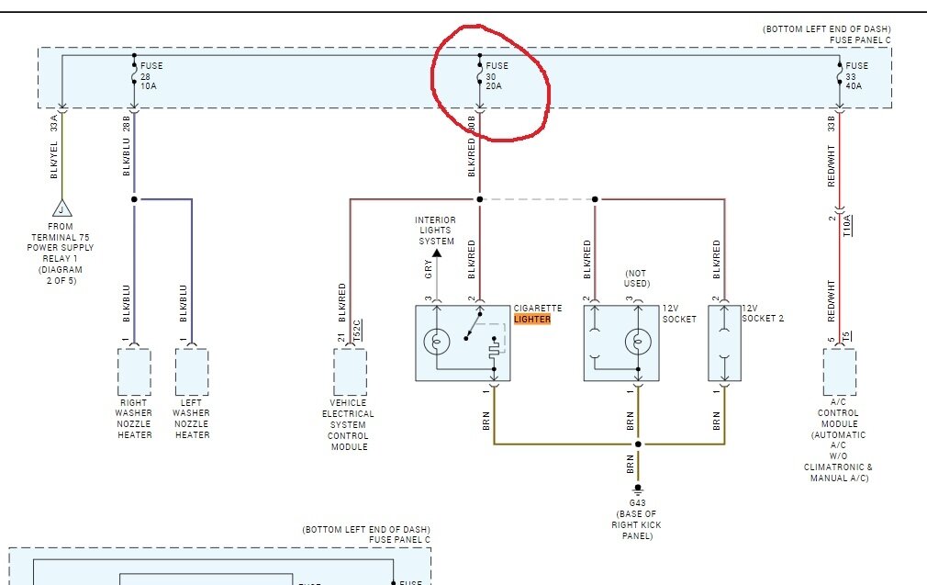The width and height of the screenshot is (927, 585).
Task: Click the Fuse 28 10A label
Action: (x=149, y=76)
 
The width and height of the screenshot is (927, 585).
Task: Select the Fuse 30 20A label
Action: (x=496, y=76)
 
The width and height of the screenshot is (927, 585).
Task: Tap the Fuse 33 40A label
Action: (x=856, y=76)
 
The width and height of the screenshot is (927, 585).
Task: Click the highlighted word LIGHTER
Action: (x=532, y=319)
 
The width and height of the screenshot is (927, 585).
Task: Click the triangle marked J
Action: (x=61, y=208)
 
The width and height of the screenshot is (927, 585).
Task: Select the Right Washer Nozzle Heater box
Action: (x=134, y=371)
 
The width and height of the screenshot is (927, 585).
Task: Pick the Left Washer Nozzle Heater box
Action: (x=191, y=371)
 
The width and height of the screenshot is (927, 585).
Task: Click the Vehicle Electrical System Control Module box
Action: (x=350, y=371)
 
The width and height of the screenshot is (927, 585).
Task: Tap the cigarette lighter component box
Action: (x=463, y=343)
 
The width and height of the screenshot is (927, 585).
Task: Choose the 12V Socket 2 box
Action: (x=723, y=343)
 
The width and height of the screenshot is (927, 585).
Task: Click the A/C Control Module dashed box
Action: (x=839, y=371)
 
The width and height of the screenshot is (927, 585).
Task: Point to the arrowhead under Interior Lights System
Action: (x=437, y=253)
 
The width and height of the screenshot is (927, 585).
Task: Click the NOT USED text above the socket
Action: (x=636, y=278)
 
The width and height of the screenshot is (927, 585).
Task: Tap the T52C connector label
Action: (x=358, y=330)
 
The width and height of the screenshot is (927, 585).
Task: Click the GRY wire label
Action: (x=428, y=268)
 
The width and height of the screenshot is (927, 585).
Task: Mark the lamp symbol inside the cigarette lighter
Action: (x=437, y=343)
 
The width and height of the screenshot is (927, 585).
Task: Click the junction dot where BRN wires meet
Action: (x=638, y=444)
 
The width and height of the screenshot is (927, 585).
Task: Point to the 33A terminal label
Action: (x=54, y=123)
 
